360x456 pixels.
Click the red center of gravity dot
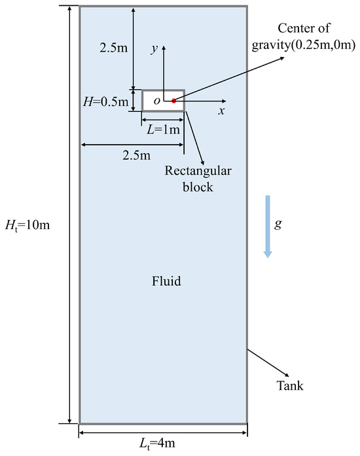(173, 101)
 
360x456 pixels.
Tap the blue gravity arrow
(267, 226)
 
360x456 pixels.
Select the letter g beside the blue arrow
(278, 223)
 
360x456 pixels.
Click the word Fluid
(166, 282)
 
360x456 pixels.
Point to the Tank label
(291, 385)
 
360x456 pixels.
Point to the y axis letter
(154, 50)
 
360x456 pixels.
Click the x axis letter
(222, 111)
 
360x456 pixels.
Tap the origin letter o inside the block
(156, 101)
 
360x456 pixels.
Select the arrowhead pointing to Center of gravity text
(283, 58)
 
